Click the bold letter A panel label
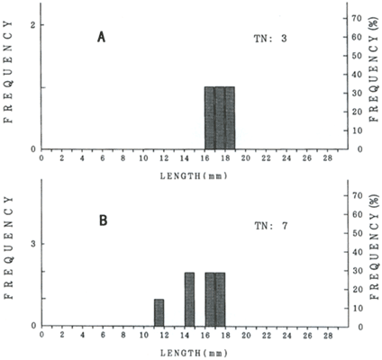(101, 37)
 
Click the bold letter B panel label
(104, 220)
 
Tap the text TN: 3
(270, 39)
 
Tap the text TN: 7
(271, 226)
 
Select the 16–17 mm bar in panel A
(210, 118)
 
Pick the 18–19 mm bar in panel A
(230, 118)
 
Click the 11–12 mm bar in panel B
(159, 312)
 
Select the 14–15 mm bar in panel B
(189, 299)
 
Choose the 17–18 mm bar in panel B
(220, 299)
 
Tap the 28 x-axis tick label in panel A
(328, 158)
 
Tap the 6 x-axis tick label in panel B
(103, 335)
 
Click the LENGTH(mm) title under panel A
(194, 176)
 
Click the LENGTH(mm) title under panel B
(194, 353)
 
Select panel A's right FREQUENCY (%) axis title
(373, 70)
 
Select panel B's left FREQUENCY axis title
(9, 247)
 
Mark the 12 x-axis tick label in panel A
(164, 158)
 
